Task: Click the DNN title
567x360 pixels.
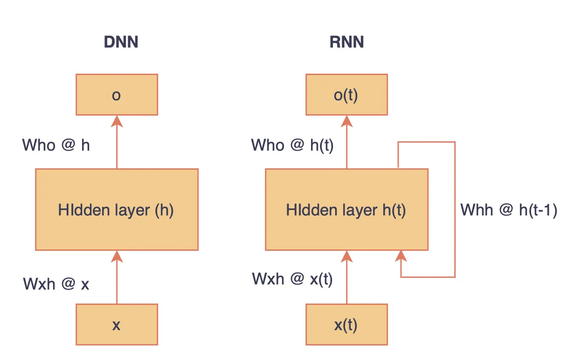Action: [121, 42]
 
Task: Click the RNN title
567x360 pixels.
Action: [346, 42]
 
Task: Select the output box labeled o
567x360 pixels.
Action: [117, 95]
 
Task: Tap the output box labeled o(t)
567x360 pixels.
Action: [346, 95]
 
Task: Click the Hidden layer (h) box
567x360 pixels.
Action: [117, 210]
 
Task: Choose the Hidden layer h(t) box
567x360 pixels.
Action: [346, 210]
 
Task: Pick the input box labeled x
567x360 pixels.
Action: [117, 325]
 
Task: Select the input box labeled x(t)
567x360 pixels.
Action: [346, 325]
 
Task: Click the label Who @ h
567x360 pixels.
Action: [56, 145]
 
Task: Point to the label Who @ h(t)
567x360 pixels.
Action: [292, 145]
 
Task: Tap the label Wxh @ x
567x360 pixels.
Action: [56, 284]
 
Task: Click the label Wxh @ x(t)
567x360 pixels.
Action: [292, 279]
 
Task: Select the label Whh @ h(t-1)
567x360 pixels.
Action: [509, 210]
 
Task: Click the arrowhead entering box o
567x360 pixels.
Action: [117, 121]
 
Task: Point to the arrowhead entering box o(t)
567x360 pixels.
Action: [346, 121]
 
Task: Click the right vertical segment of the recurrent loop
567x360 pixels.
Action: [455, 210]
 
